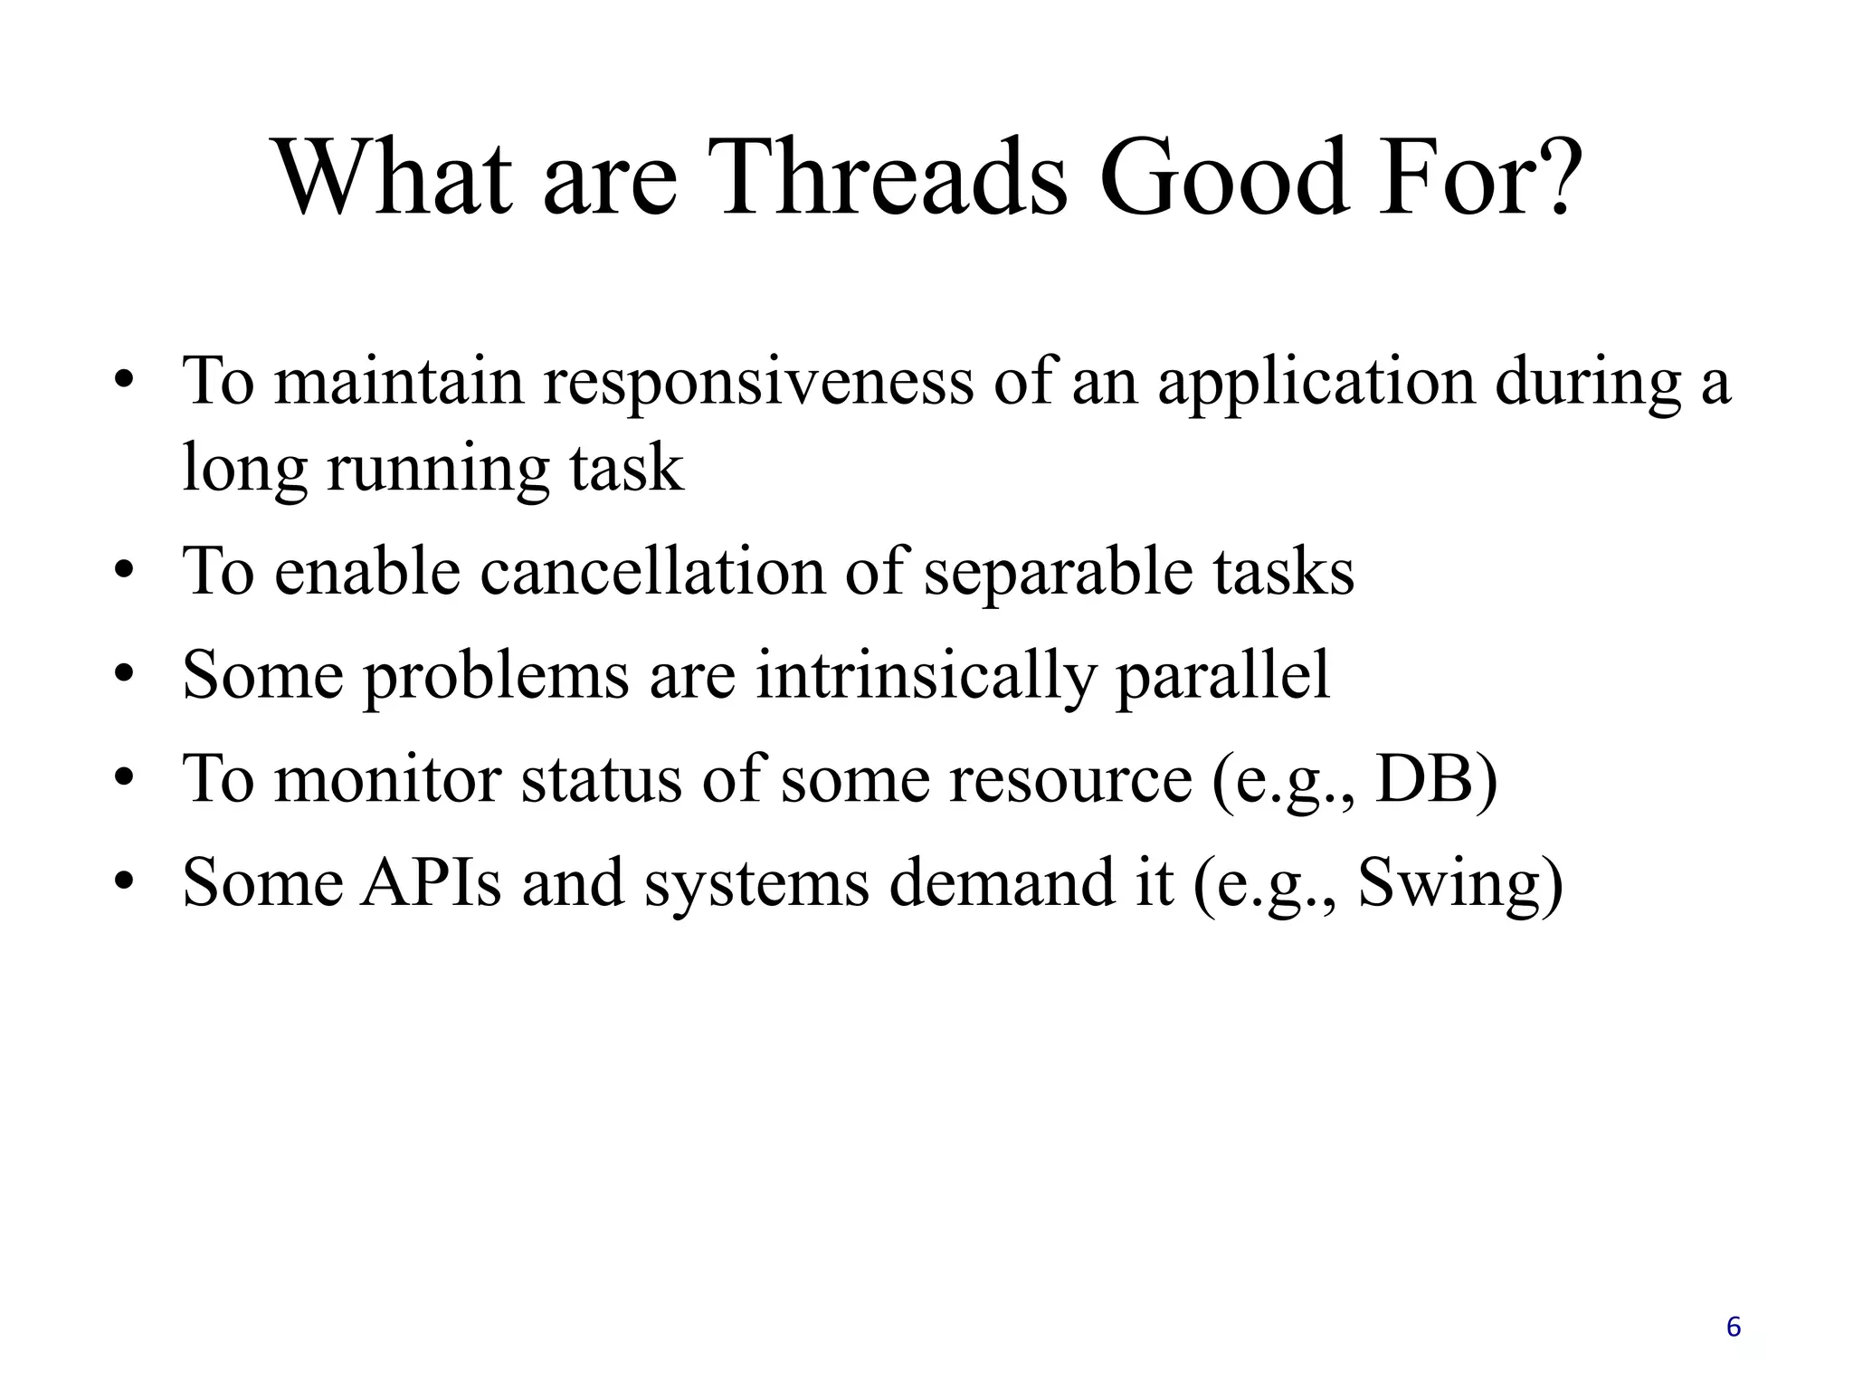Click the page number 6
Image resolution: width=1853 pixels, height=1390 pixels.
pos(1733,1328)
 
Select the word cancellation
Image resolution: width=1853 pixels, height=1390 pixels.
pos(651,573)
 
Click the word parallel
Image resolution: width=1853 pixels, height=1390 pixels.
pos(1223,677)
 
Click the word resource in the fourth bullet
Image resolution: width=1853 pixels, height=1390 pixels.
pos(1070,780)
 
